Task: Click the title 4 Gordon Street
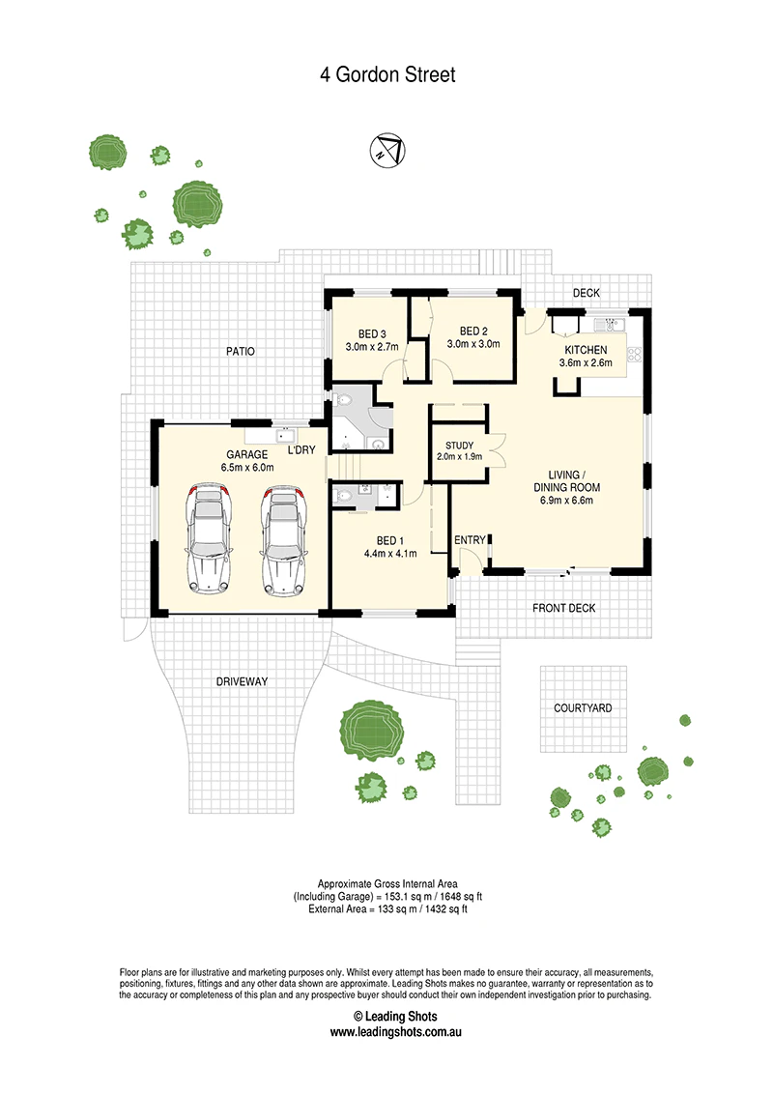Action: point(387,74)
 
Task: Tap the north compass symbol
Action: point(387,149)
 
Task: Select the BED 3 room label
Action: point(372,334)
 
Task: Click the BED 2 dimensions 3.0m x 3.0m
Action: point(473,344)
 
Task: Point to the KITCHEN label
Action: point(586,350)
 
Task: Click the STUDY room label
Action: point(459,446)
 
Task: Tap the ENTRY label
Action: point(470,540)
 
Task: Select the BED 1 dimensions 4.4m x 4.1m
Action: point(390,553)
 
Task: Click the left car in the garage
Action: point(209,539)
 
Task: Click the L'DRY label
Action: point(301,450)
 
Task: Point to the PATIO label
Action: point(240,351)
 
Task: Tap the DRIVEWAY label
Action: point(242,681)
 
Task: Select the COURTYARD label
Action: point(583,708)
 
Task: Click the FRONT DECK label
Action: point(563,609)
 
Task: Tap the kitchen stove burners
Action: point(634,354)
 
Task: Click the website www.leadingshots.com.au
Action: point(395,1032)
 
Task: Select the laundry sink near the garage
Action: point(285,436)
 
